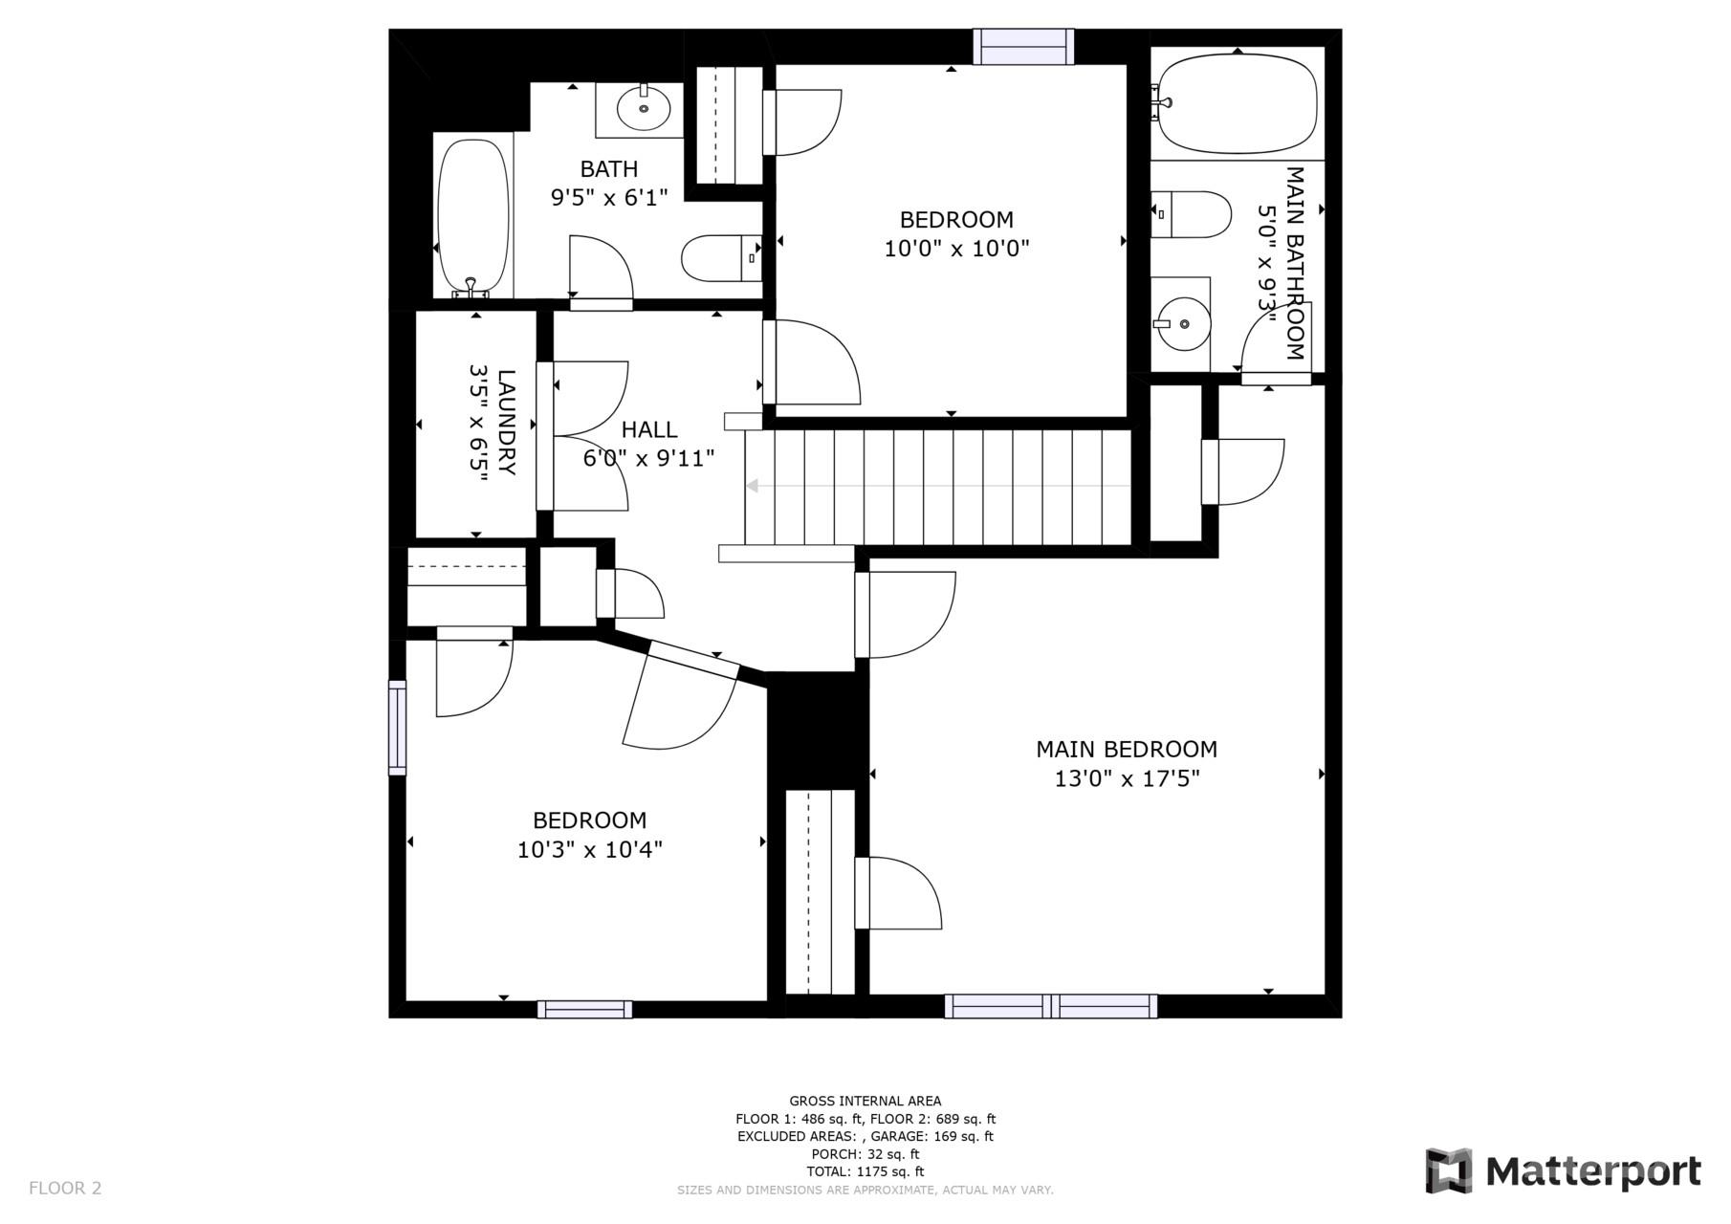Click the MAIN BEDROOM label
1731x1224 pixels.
tap(1126, 749)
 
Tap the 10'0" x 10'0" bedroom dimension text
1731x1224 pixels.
tap(955, 249)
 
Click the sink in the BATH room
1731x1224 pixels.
tap(643, 109)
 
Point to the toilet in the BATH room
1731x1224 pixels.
tap(719, 257)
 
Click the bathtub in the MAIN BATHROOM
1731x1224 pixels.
tap(1238, 103)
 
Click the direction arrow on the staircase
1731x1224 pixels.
tap(752, 486)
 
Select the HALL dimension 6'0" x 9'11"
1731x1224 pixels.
tap(648, 458)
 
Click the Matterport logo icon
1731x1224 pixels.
tap(1449, 1170)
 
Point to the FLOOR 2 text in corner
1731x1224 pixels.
tap(65, 1188)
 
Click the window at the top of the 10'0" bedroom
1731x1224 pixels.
tap(1022, 47)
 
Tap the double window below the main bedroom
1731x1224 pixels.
tap(1050, 1006)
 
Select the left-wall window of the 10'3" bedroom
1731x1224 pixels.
tap(397, 727)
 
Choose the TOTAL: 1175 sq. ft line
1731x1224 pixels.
tap(865, 1171)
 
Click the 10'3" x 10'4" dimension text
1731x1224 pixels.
tap(589, 849)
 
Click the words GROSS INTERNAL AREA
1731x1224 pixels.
tap(865, 1101)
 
